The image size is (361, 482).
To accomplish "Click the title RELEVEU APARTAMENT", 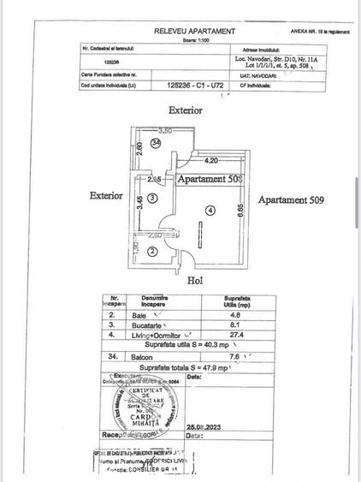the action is pyautogui.click(x=194, y=31).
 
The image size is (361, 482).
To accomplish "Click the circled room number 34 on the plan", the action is pyautogui.click(x=156, y=143).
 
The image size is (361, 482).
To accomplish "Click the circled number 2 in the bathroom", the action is pyautogui.click(x=151, y=251).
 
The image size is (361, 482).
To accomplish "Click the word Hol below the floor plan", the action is pyautogui.click(x=194, y=279).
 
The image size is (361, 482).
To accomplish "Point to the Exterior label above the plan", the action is pyautogui.click(x=186, y=110).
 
